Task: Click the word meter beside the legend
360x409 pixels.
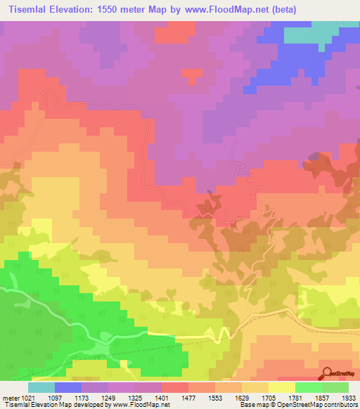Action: (10, 398)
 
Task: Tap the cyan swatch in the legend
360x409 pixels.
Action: (41, 387)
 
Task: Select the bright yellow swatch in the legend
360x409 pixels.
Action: (282, 387)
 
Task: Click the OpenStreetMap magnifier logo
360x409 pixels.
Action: (326, 373)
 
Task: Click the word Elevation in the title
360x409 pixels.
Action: (75, 10)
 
